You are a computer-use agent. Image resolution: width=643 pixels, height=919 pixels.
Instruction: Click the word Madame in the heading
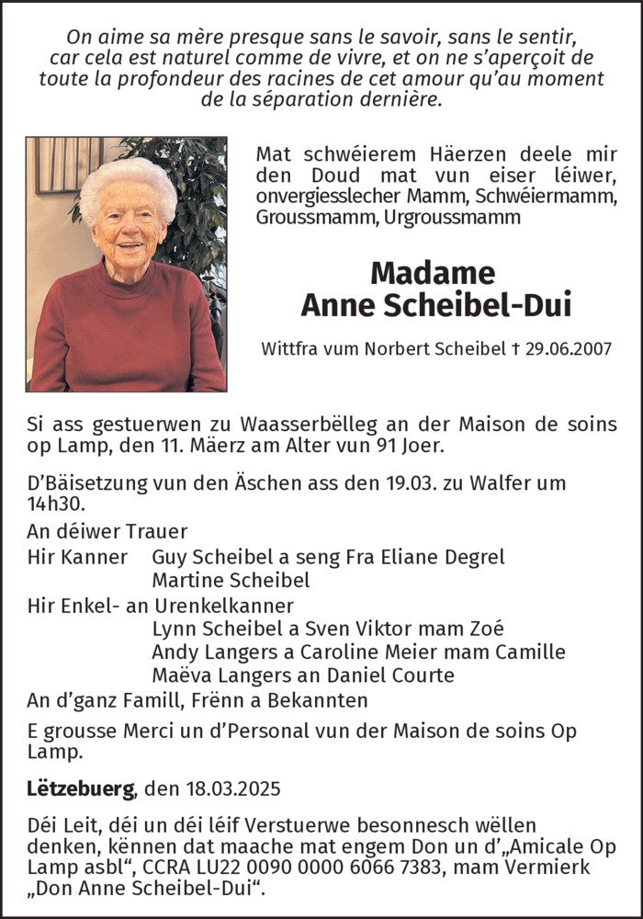[433, 273]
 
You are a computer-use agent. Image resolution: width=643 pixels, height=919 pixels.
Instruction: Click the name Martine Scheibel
[231, 580]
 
